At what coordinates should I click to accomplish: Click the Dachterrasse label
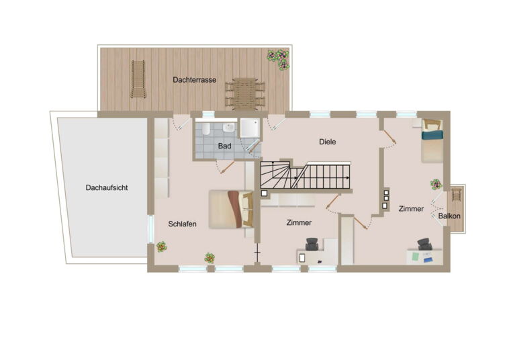tap(194, 80)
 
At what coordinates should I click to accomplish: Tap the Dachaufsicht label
tap(107, 187)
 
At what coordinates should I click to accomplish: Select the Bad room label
tap(224, 146)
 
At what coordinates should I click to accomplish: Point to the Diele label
tap(327, 142)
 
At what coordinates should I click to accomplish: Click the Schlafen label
tap(182, 224)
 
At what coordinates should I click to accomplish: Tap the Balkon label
tap(449, 216)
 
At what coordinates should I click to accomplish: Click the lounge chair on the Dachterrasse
tap(138, 79)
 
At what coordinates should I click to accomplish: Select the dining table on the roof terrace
tap(244, 93)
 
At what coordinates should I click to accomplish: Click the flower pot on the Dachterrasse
tap(278, 59)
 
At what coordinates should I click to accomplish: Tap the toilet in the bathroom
tap(205, 129)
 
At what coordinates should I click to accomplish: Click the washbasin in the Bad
tap(229, 128)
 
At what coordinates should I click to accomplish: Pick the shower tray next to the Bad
tap(250, 128)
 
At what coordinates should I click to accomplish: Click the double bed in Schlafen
tap(231, 210)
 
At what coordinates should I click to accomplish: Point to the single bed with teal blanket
tap(432, 140)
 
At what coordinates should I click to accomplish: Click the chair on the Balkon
tap(457, 195)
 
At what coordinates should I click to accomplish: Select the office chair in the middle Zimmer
tap(312, 244)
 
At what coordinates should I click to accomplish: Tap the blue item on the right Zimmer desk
tap(428, 260)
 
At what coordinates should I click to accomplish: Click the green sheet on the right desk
tap(416, 257)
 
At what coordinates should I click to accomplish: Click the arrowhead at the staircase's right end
tap(348, 178)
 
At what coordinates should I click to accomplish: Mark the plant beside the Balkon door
tap(436, 185)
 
